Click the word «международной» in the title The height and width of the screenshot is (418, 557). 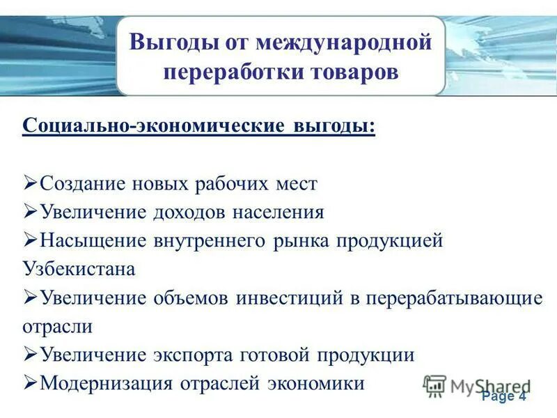(x=344, y=42)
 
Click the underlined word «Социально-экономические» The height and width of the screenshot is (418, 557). (x=153, y=127)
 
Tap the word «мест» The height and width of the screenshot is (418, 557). (x=295, y=184)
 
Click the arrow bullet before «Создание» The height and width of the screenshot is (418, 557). (x=30, y=183)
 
